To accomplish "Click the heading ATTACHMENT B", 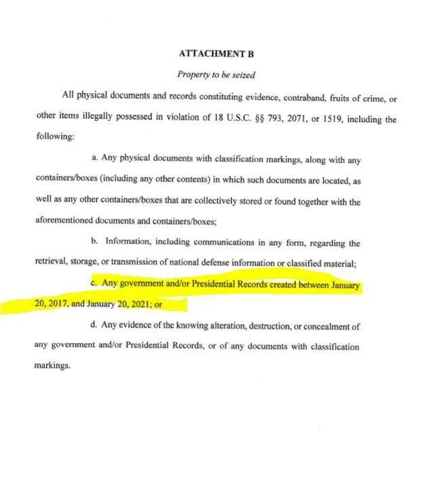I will coord(214,52).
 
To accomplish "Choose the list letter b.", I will coord(94,242).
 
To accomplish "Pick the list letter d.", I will coord(94,326).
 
